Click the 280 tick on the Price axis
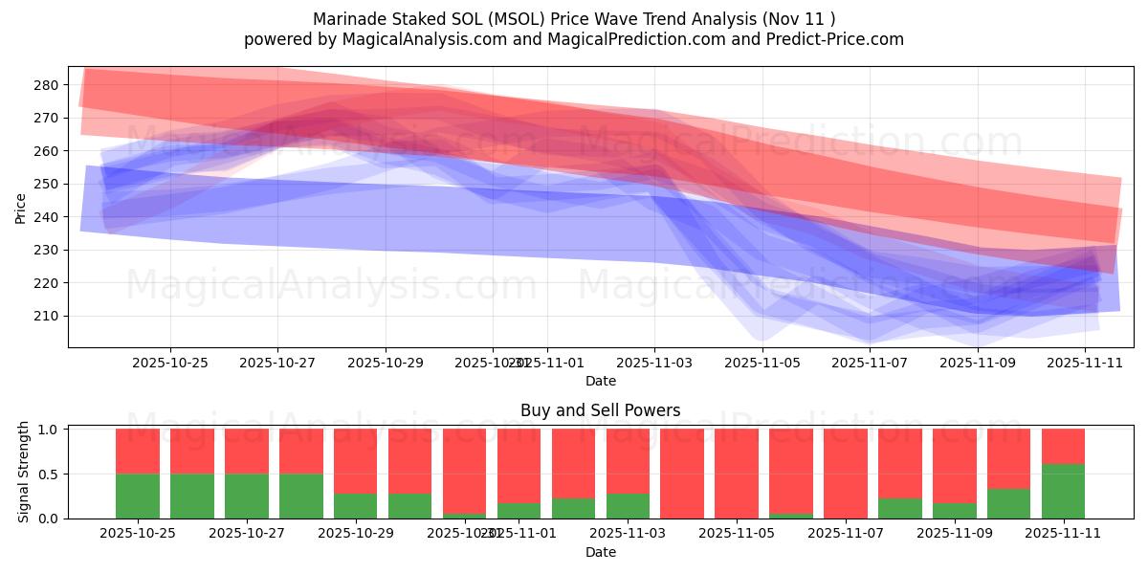coord(47,85)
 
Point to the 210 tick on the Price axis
coord(47,316)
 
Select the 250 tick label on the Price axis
coord(47,184)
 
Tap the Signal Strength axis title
coord(25,473)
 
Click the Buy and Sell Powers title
coord(600,410)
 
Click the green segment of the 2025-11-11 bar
coord(1063,491)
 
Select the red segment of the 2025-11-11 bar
coord(1063,446)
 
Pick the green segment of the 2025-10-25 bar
coord(138,496)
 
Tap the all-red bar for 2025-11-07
coord(846,473)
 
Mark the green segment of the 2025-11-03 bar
coord(628,506)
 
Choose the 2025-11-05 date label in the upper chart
coord(762,363)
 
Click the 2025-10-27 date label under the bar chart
coord(247,534)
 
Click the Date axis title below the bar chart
coord(600,552)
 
